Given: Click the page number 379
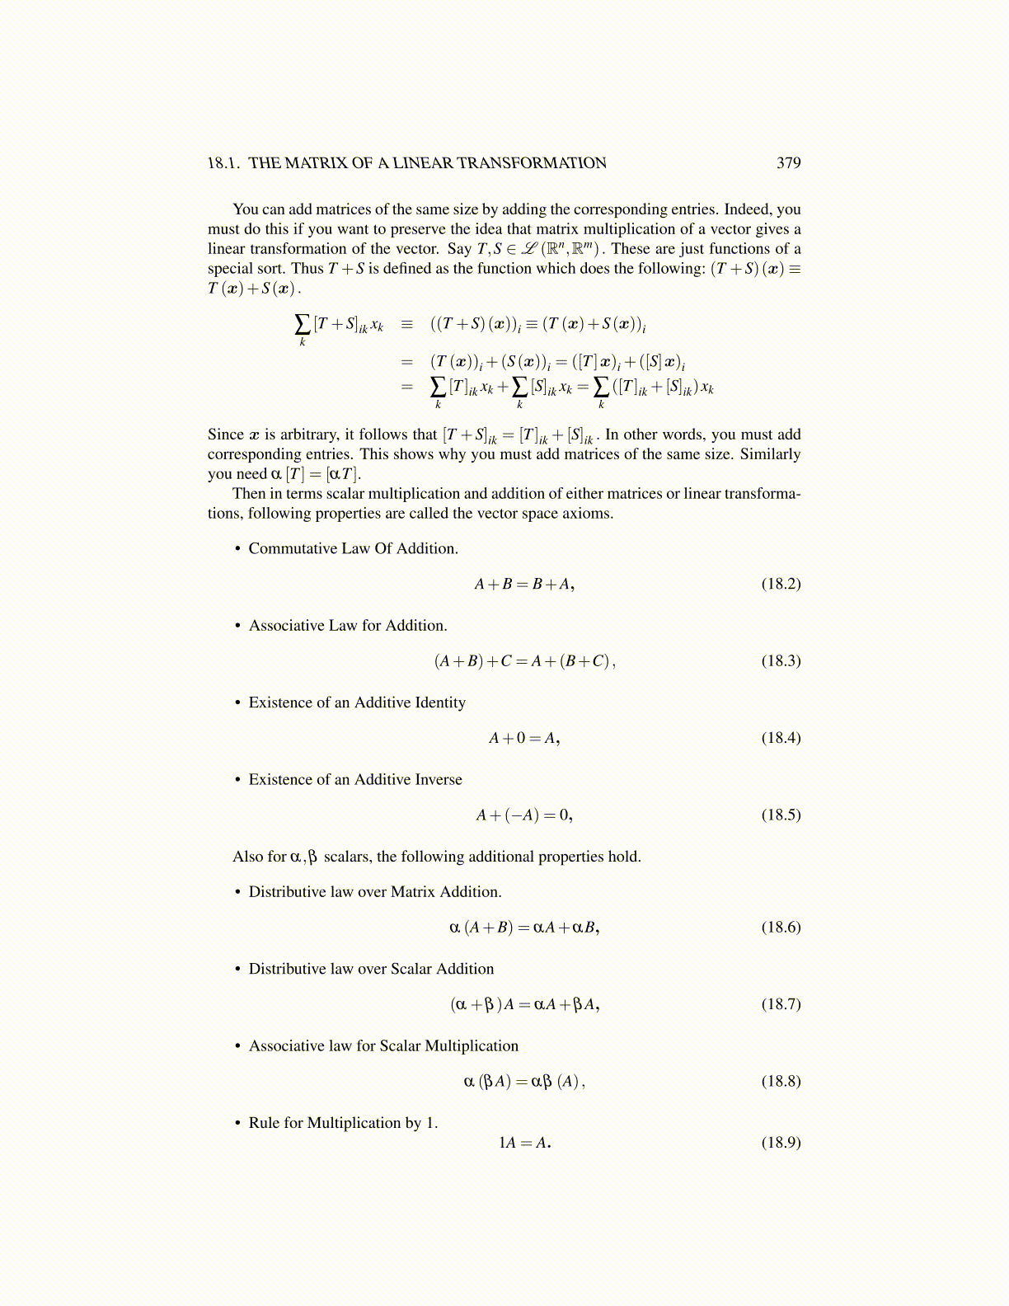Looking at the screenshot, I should click(788, 163).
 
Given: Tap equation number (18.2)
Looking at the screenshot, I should click(781, 584).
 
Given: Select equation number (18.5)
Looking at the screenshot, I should click(781, 815).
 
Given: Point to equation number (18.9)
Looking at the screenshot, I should click(781, 1142).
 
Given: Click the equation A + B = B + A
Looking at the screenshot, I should click(524, 584).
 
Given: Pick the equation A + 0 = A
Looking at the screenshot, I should click(524, 738).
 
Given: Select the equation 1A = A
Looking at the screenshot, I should click(524, 1142).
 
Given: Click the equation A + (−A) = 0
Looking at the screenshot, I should click(524, 815).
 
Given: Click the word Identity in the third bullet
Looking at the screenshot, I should click(439, 702).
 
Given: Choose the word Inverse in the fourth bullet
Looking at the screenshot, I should click(437, 779).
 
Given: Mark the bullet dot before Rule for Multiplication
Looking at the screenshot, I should click(237, 1123).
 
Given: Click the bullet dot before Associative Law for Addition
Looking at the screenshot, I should click(237, 626).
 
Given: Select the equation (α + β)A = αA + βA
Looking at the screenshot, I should click(524, 1004).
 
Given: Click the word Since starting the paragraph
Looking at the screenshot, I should click(225, 435).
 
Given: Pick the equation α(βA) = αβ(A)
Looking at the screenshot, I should click(524, 1081).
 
